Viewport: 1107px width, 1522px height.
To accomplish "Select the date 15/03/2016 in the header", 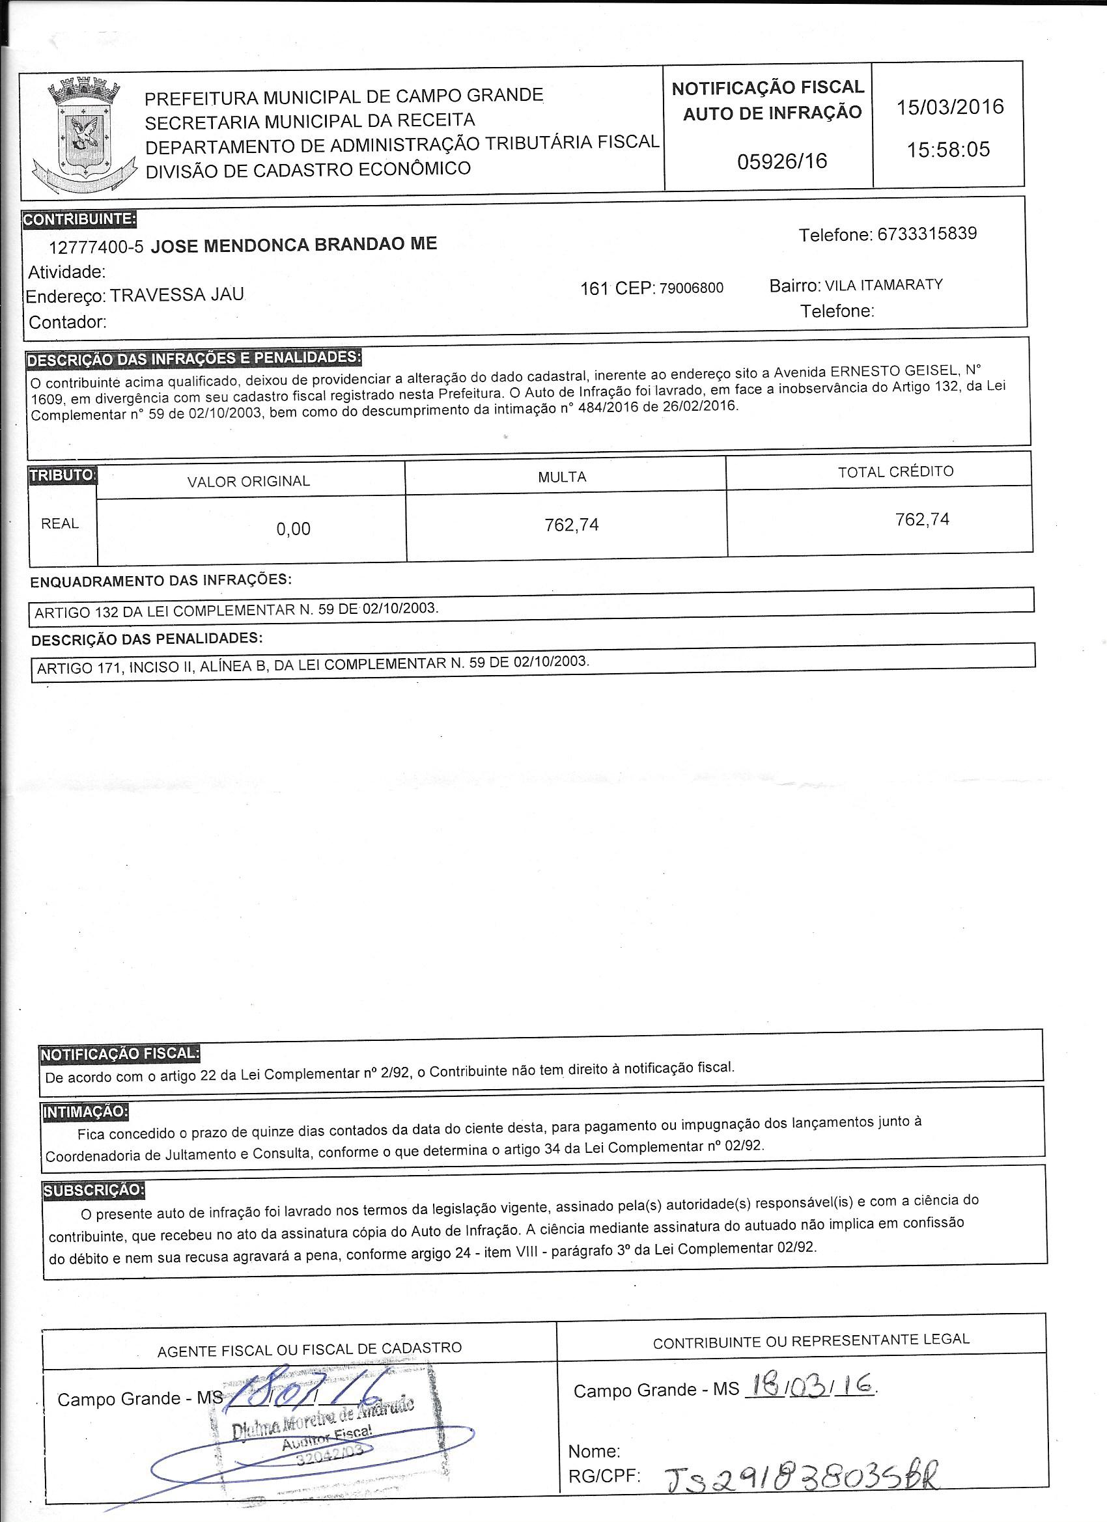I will click(x=950, y=107).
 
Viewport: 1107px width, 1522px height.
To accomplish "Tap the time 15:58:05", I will click(x=949, y=149).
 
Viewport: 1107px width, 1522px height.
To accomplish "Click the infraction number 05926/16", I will click(x=782, y=161).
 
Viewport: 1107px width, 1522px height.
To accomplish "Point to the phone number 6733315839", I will click(x=927, y=234).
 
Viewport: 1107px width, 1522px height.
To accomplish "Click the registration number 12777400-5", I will click(x=96, y=247).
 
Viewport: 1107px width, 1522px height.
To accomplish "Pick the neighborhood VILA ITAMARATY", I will click(x=884, y=284).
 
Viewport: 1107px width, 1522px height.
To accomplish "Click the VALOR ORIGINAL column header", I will click(x=248, y=481).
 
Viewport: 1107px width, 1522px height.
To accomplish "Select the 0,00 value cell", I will click(x=294, y=529).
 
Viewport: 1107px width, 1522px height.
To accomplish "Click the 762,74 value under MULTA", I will click(x=571, y=525).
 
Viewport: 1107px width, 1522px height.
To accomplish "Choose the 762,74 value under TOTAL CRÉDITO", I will click(x=922, y=519).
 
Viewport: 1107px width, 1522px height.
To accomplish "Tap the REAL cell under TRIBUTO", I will click(x=60, y=523).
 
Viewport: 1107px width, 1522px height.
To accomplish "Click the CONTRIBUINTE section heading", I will click(x=79, y=219).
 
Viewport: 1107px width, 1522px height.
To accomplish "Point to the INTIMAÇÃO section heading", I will click(x=85, y=1111).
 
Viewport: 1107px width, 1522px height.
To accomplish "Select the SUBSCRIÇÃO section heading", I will click(x=93, y=1190).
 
